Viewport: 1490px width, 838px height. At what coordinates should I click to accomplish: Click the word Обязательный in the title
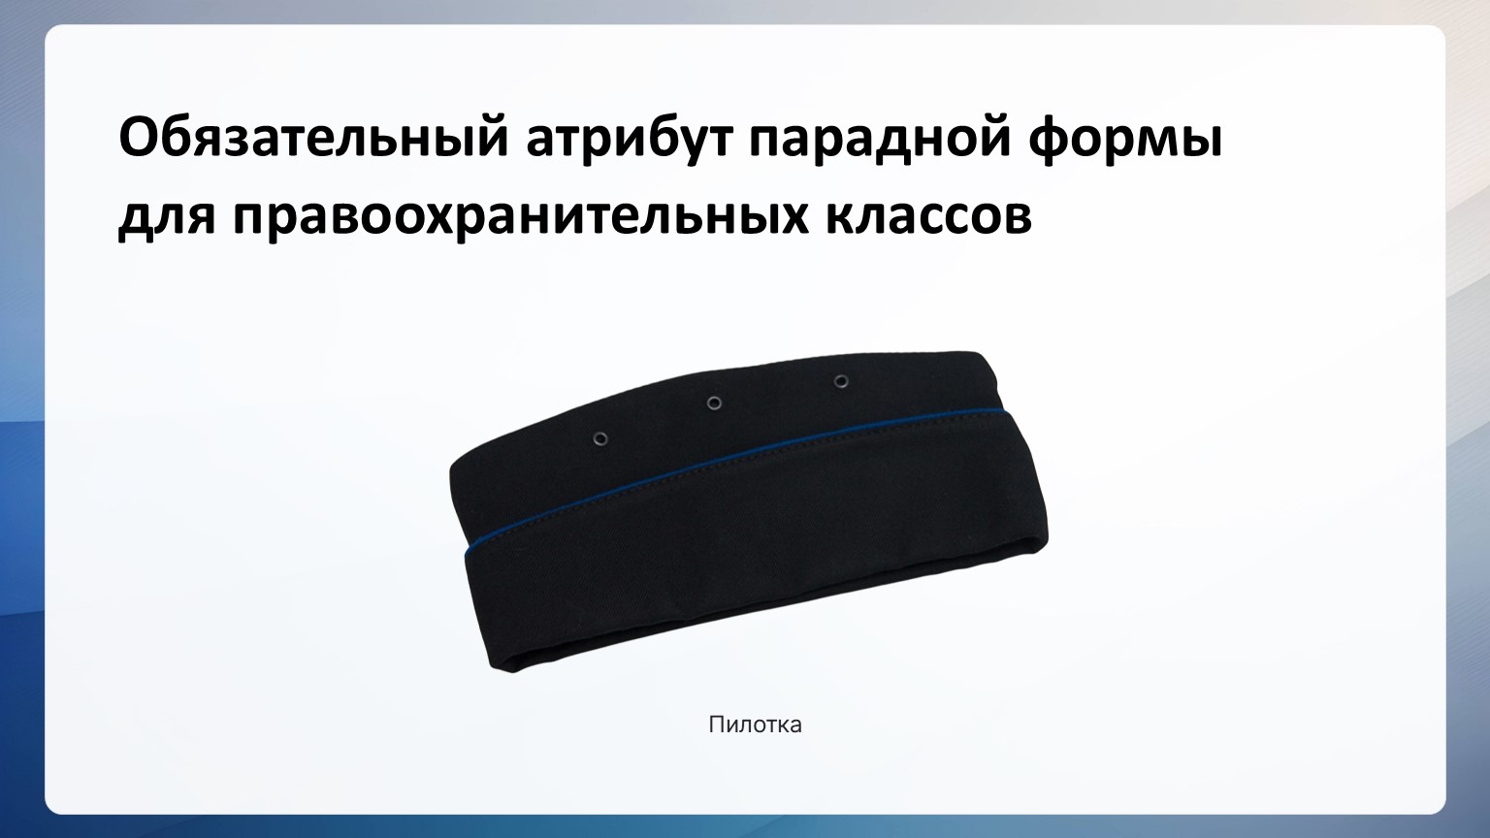(x=313, y=137)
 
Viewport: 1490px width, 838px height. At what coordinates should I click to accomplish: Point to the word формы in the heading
(x=1125, y=141)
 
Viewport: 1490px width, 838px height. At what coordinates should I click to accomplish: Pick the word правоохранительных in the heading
(x=521, y=217)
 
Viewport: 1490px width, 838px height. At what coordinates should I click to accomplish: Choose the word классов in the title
(x=929, y=215)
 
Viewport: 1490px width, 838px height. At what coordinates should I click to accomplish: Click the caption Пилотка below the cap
(x=755, y=725)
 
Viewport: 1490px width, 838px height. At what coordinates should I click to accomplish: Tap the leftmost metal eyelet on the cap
(x=599, y=438)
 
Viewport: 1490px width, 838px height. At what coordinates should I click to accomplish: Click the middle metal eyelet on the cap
(x=714, y=403)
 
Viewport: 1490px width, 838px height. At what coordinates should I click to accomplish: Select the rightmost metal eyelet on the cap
(x=841, y=382)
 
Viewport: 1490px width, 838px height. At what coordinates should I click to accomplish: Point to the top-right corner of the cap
(x=983, y=352)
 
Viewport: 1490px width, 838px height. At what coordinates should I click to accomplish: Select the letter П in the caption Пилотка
(x=716, y=725)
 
